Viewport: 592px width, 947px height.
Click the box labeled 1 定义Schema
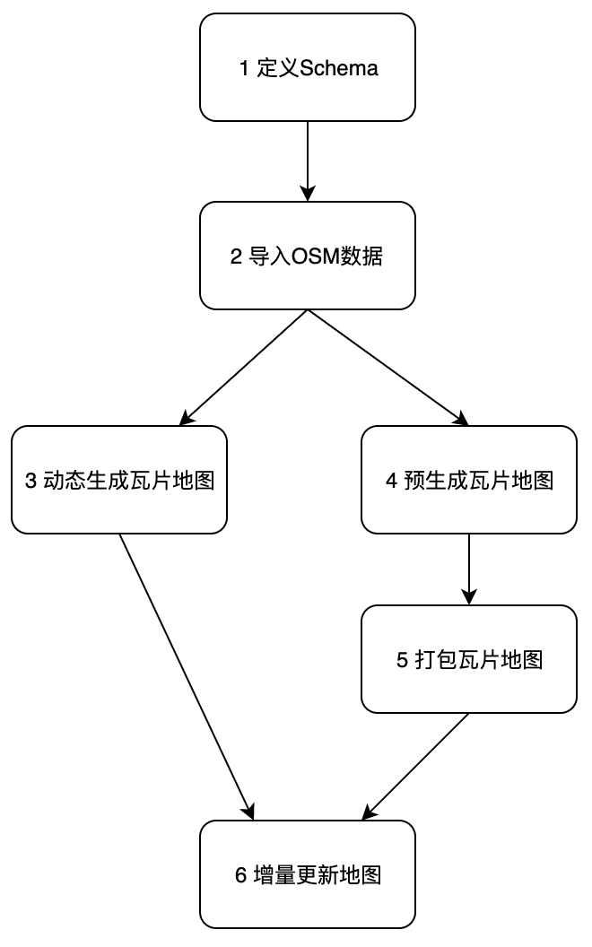coord(307,68)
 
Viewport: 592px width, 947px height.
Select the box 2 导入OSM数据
coord(307,256)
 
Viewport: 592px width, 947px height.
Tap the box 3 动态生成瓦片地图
coord(118,480)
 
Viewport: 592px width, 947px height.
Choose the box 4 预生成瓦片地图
coord(468,480)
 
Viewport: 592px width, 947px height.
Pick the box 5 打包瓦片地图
coord(468,660)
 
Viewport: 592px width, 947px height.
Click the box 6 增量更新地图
coord(307,874)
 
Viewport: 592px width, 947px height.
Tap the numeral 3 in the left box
coord(31,481)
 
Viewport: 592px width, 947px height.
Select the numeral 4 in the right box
coord(391,481)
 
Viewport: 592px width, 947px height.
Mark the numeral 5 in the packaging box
coord(401,661)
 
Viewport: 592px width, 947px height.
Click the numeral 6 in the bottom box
coord(239,875)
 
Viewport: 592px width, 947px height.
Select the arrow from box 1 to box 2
coord(308,161)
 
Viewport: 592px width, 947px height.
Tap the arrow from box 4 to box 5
coord(469,569)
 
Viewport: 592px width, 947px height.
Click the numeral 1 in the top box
coord(245,69)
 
